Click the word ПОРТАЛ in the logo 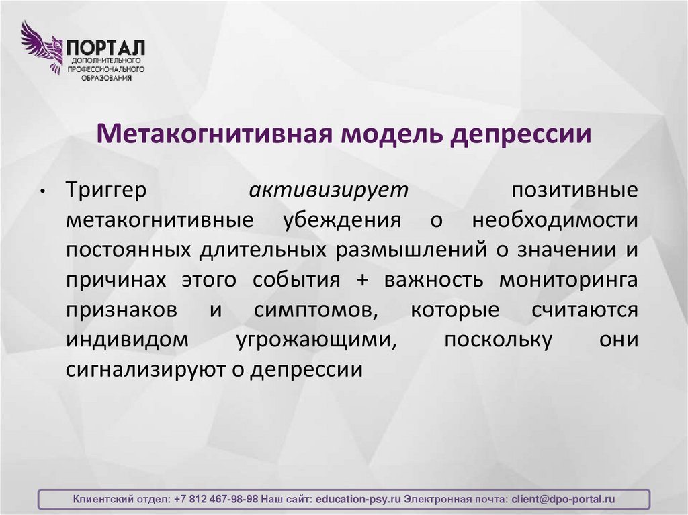pos(105,48)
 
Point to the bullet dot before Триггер pos(42,192)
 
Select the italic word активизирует pos(329,191)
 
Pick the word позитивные pos(574,191)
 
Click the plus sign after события pos(362,280)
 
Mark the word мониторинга pos(568,280)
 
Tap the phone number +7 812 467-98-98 pos(215,500)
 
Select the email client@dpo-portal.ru pos(563,500)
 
